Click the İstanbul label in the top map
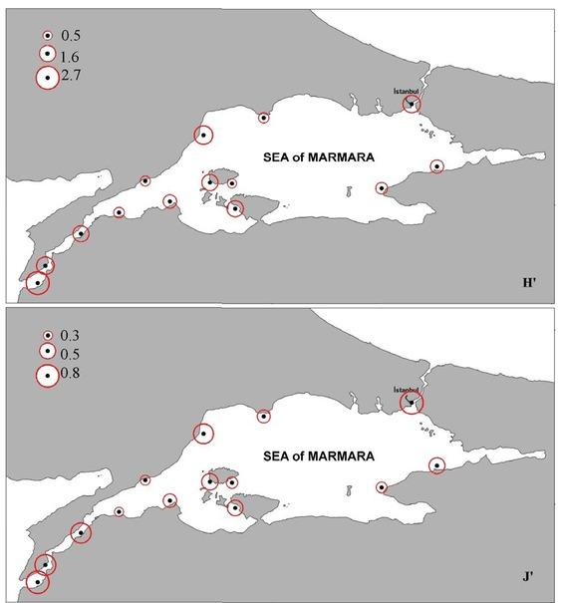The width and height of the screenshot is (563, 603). point(407,92)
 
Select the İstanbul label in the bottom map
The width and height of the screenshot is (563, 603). point(407,388)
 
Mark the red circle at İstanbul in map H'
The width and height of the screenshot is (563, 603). point(411,104)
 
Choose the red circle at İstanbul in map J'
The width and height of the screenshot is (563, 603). point(411,402)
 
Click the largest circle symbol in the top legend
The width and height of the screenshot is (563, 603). point(46,78)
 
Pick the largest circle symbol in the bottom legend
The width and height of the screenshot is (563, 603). point(46,375)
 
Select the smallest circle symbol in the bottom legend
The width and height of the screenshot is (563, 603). point(46,336)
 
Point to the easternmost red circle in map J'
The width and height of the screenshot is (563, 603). point(436,465)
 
